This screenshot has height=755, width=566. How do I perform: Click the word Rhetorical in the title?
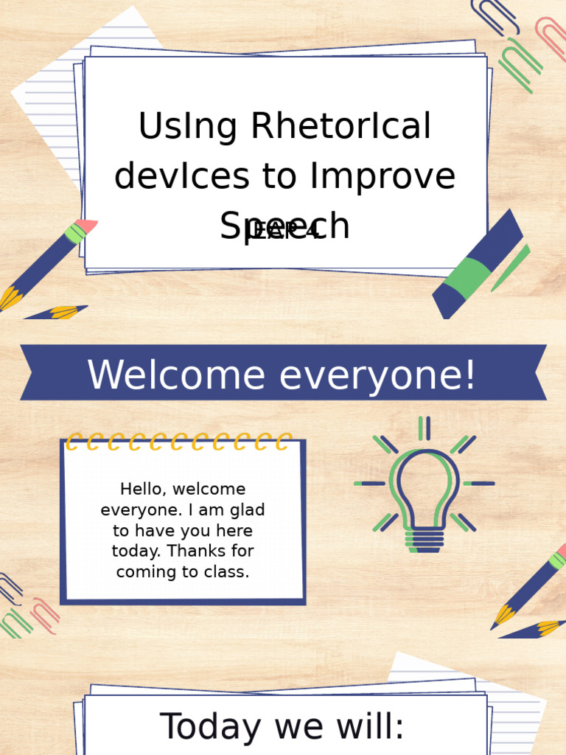tap(340, 127)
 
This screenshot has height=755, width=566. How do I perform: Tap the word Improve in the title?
tap(383, 176)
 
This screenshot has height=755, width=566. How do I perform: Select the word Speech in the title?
tap(284, 226)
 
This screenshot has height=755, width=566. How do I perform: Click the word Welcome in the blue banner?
tap(176, 375)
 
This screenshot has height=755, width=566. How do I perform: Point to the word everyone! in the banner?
tap(377, 375)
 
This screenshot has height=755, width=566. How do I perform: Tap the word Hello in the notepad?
tap(142, 489)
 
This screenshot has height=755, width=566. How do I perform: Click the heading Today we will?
tap(282, 726)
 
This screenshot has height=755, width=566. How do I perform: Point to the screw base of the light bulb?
tap(424, 540)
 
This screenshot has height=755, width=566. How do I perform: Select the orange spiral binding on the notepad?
tap(179, 442)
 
